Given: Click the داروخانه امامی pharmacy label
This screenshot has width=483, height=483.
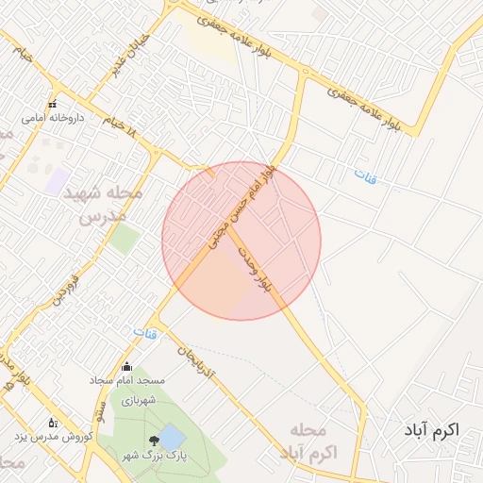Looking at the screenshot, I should pyautogui.click(x=53, y=119).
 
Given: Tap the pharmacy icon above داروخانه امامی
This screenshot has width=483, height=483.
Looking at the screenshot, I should pyautogui.click(x=53, y=104).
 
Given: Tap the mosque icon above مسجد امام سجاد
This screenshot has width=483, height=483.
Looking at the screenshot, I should pyautogui.click(x=126, y=367).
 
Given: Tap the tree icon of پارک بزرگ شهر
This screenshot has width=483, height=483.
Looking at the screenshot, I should pyautogui.click(x=153, y=441).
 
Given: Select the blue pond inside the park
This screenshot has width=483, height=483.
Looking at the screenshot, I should pyautogui.click(x=172, y=437).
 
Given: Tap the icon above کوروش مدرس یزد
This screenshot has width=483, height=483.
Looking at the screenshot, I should pyautogui.click(x=53, y=423).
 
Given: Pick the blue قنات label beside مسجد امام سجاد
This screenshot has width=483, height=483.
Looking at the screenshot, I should pyautogui.click(x=145, y=334).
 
